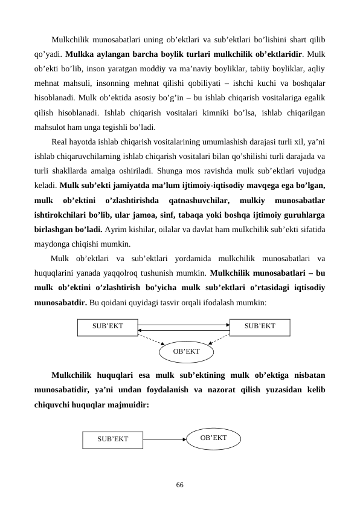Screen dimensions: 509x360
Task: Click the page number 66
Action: pyautogui.click(x=179, y=485)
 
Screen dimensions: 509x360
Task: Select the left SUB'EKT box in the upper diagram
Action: pyautogui.click(x=108, y=326)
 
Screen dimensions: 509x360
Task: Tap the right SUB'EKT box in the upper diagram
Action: pyautogui.click(x=260, y=326)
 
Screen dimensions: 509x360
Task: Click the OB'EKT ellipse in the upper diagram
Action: pyautogui.click(x=186, y=351)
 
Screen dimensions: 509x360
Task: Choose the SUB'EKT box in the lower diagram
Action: pyautogui.click(x=113, y=439)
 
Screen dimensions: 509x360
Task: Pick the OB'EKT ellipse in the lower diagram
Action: pyautogui.click(x=213, y=437)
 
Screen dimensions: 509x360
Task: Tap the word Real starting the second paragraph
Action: pyautogui.click(x=60, y=143)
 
